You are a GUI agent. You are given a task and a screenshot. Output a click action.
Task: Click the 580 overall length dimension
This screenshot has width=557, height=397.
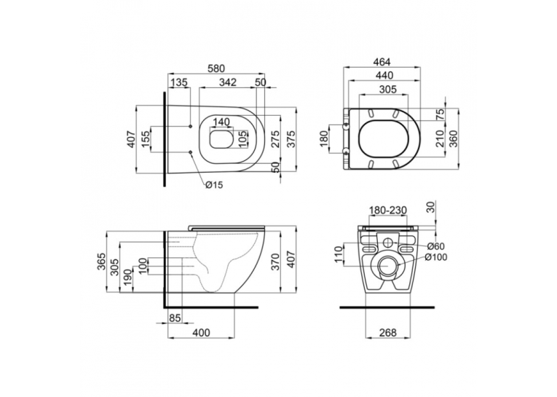(216, 68)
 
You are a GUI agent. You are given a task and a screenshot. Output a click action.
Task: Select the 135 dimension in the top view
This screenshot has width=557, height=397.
(178, 82)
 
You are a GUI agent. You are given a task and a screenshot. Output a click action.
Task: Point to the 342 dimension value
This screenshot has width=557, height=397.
(228, 82)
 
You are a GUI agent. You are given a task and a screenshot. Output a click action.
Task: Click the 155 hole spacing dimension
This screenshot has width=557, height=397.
(146, 139)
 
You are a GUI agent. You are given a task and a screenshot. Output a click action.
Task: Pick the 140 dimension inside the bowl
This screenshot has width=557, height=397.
(221, 122)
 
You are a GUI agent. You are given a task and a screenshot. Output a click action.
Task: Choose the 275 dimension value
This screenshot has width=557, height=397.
(275, 139)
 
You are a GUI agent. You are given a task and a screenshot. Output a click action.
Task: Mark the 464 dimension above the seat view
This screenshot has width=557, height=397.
(382, 62)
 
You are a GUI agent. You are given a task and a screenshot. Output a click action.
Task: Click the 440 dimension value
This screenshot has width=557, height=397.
(384, 75)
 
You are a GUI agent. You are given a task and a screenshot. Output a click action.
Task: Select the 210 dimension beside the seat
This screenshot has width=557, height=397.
(440, 139)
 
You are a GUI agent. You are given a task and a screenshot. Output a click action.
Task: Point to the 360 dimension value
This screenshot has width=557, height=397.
(454, 139)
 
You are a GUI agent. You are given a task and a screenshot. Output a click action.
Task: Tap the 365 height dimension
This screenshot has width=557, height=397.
(102, 262)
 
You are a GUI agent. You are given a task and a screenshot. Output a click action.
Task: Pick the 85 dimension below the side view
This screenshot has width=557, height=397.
(175, 318)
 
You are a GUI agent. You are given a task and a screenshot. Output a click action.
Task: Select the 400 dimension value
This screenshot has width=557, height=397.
(201, 333)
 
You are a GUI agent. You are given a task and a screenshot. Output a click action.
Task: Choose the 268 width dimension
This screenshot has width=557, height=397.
(387, 333)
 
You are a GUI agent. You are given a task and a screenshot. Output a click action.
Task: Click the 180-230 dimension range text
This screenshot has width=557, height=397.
(387, 211)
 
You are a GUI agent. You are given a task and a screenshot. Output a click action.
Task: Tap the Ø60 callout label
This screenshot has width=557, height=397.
(436, 246)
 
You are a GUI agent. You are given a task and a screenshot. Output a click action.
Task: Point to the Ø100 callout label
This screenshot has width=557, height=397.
(436, 257)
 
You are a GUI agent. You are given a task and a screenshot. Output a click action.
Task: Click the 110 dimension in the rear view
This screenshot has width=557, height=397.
(338, 254)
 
